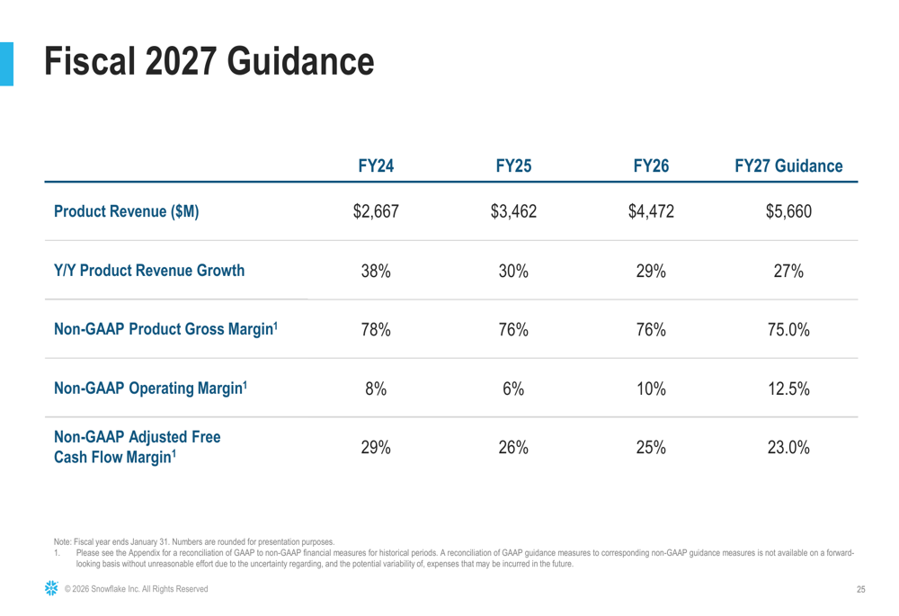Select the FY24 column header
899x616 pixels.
[x=376, y=166]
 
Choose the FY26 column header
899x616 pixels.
[x=651, y=166]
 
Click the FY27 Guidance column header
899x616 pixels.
[x=788, y=166]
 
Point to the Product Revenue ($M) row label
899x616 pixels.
[x=127, y=213]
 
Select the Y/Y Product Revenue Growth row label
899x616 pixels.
[x=149, y=271]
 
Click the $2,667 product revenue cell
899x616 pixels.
[x=376, y=213]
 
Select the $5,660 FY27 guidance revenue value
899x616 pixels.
[x=788, y=213]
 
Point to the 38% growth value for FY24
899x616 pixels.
[x=376, y=272]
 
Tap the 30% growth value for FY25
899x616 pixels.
[x=513, y=272]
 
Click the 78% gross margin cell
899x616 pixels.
[x=376, y=330]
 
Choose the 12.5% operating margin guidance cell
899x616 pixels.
[x=788, y=388]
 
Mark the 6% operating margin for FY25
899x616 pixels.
[x=513, y=388]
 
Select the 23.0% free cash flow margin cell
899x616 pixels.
[x=788, y=448]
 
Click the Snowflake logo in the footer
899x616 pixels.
[x=51, y=588]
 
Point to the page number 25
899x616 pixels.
[x=859, y=589]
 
